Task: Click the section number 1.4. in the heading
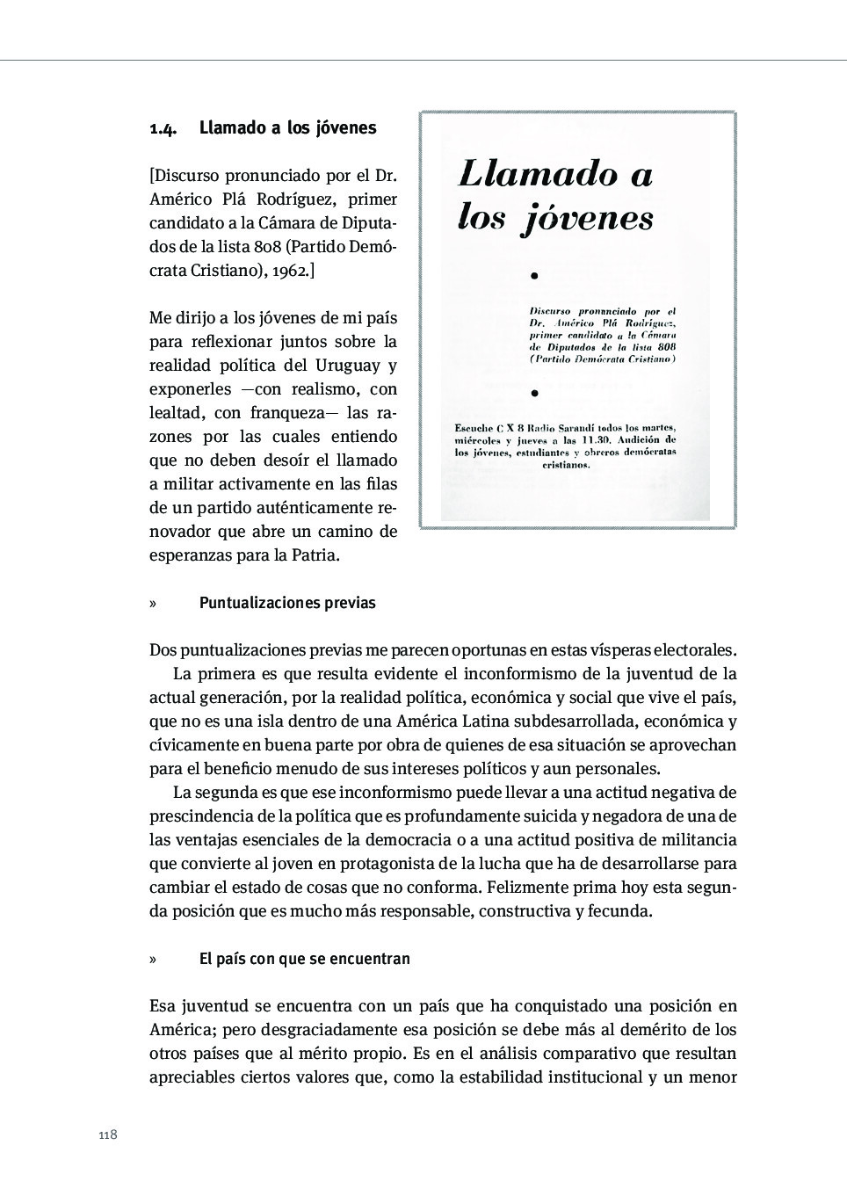tap(163, 128)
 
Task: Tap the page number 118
tap(107, 1134)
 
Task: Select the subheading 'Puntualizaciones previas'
tap(287, 603)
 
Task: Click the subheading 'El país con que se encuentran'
tap(304, 958)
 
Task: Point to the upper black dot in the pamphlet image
tap(534, 276)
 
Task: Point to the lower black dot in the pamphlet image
tap(534, 393)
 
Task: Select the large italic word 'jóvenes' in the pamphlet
tap(588, 219)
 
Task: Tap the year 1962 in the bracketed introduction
tap(290, 271)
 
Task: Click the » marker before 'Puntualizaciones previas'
tap(153, 603)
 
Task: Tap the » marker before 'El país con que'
tap(153, 958)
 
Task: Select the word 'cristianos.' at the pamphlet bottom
tap(566, 465)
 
